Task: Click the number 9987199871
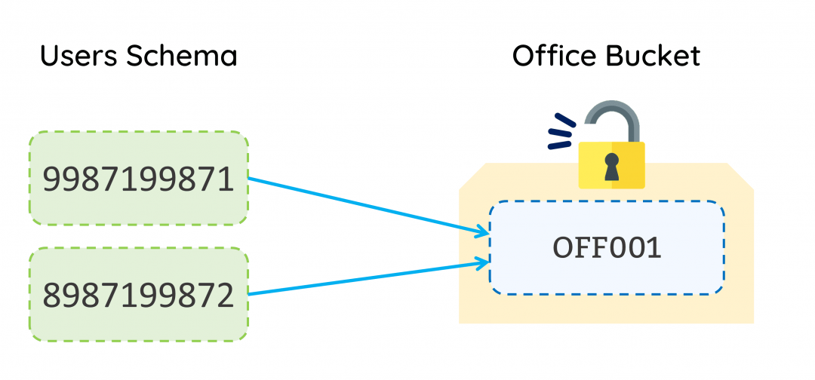[138, 179]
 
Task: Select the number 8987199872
[138, 296]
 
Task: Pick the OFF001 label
[607, 248]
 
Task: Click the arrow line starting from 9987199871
[362, 207]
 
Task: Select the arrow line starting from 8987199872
[362, 277]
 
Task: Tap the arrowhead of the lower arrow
[483, 262]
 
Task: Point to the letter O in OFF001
[563, 248]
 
